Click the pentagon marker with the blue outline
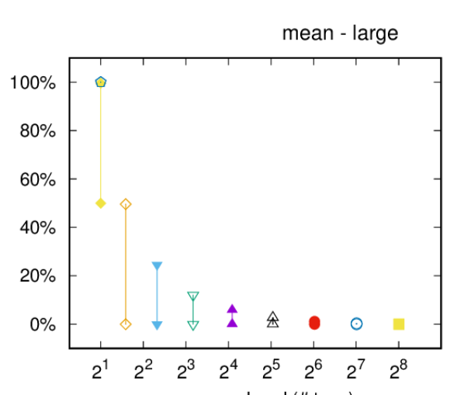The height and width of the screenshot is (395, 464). click(101, 82)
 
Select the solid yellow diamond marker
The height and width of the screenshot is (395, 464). click(101, 203)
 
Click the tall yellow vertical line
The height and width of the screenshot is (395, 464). click(101, 143)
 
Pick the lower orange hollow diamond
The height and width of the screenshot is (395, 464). click(126, 324)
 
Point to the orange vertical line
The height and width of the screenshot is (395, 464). click(126, 264)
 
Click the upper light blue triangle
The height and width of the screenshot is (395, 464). click(157, 265)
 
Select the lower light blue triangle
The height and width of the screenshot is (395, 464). click(157, 325)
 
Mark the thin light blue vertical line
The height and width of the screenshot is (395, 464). click(157, 295)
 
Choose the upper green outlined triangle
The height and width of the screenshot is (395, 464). click(193, 296)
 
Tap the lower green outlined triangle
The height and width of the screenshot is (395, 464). click(193, 325)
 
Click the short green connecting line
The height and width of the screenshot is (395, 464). click(193, 310)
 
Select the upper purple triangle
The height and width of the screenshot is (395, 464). click(232, 308)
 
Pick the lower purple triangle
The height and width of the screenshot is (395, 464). click(232, 322)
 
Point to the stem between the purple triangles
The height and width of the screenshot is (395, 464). click(232, 315)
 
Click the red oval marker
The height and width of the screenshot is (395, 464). click(314, 323)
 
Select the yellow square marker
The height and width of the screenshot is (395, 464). click(399, 324)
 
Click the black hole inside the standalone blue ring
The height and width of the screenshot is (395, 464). click(356, 324)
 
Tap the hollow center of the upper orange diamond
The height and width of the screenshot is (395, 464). click(126, 204)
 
